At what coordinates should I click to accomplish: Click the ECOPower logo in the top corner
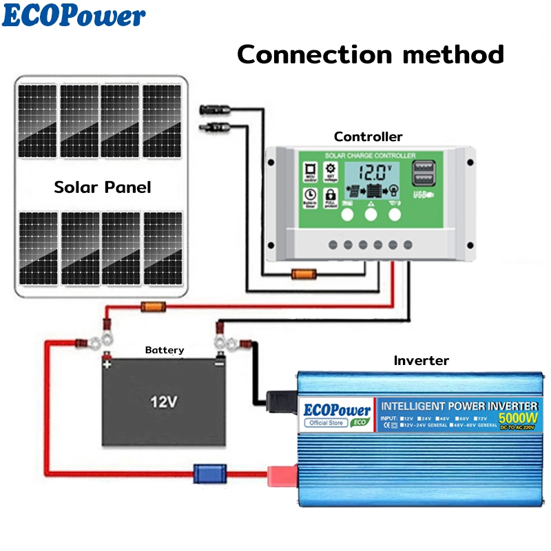pos(74,15)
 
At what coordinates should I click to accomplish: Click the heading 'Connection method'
pos(371,54)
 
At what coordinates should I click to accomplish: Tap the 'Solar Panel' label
pos(102,187)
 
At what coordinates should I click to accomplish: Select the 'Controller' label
pos(368,136)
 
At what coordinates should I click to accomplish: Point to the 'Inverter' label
pos(421,360)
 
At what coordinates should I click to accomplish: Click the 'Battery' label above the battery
pos(165,350)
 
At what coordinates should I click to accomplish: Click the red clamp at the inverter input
pos(282,473)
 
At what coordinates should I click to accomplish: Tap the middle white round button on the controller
pos(371,215)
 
